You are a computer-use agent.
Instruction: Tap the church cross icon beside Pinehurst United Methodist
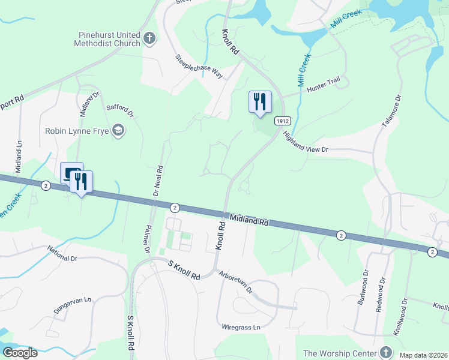(149, 40)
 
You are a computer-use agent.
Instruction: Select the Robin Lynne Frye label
(77, 131)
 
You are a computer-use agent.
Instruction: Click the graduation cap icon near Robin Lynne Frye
(118, 131)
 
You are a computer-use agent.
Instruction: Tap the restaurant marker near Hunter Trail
(260, 101)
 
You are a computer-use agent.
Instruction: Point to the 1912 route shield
(283, 121)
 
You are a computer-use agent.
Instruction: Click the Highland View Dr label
(306, 142)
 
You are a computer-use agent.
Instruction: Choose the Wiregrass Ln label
(241, 327)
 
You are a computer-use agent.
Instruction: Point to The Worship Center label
(340, 353)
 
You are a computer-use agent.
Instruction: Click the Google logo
(20, 353)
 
